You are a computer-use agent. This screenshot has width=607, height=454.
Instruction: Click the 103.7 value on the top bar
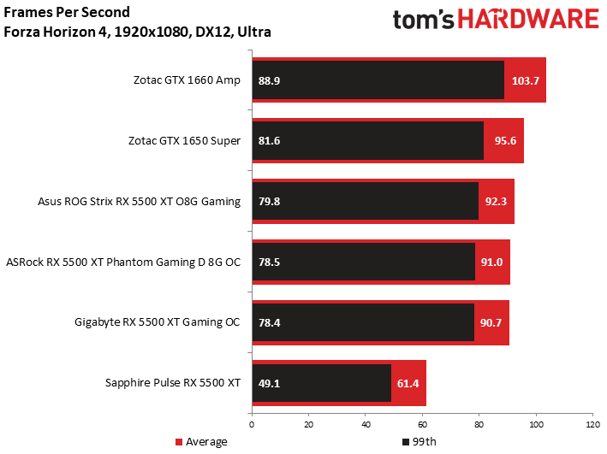[525, 80]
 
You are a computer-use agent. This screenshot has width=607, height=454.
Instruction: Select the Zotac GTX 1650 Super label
[187, 141]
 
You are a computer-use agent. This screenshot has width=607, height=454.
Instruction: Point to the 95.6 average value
[503, 141]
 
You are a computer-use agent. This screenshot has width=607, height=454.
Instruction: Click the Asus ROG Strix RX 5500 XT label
[140, 202]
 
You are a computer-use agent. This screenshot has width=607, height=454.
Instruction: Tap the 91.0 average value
[492, 262]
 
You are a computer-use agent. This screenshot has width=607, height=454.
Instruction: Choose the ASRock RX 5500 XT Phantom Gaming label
[123, 262]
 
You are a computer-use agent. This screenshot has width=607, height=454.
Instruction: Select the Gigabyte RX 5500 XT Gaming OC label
[158, 322]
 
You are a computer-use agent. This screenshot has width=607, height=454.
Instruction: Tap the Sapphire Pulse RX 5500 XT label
[173, 383]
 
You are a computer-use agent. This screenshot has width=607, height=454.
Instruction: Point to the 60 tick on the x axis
[422, 424]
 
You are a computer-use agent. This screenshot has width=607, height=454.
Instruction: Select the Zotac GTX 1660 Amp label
[187, 80]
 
